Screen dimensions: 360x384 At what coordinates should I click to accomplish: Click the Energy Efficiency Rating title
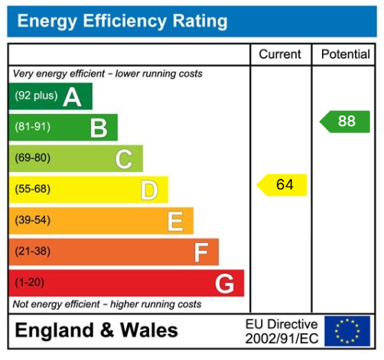click(x=122, y=21)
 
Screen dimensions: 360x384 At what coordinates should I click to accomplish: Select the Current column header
click(x=280, y=55)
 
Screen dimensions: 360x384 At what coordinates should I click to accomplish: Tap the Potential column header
click(x=346, y=55)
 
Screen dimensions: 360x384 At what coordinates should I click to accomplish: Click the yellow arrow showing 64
click(x=282, y=185)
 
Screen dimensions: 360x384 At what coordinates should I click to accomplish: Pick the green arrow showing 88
click(x=345, y=122)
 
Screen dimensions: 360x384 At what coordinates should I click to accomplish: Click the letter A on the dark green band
click(x=72, y=97)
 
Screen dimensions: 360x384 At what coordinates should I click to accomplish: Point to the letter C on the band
click(x=123, y=159)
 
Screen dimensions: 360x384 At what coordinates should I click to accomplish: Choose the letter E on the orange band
click(x=175, y=222)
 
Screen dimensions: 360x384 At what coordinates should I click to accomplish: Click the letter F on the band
click(x=200, y=252)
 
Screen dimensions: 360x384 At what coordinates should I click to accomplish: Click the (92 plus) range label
click(x=36, y=97)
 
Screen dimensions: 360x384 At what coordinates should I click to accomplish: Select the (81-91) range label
click(x=32, y=128)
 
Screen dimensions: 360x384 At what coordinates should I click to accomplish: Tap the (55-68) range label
click(x=32, y=190)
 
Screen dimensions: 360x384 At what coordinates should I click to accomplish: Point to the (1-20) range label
click(x=30, y=283)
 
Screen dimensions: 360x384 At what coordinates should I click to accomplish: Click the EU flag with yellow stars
click(x=347, y=330)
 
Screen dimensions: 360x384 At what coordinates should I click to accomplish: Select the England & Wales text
click(x=96, y=330)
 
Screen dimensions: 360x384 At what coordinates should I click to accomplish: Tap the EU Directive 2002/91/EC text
click(x=281, y=330)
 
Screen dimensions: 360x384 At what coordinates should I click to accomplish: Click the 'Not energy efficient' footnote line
click(x=107, y=304)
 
